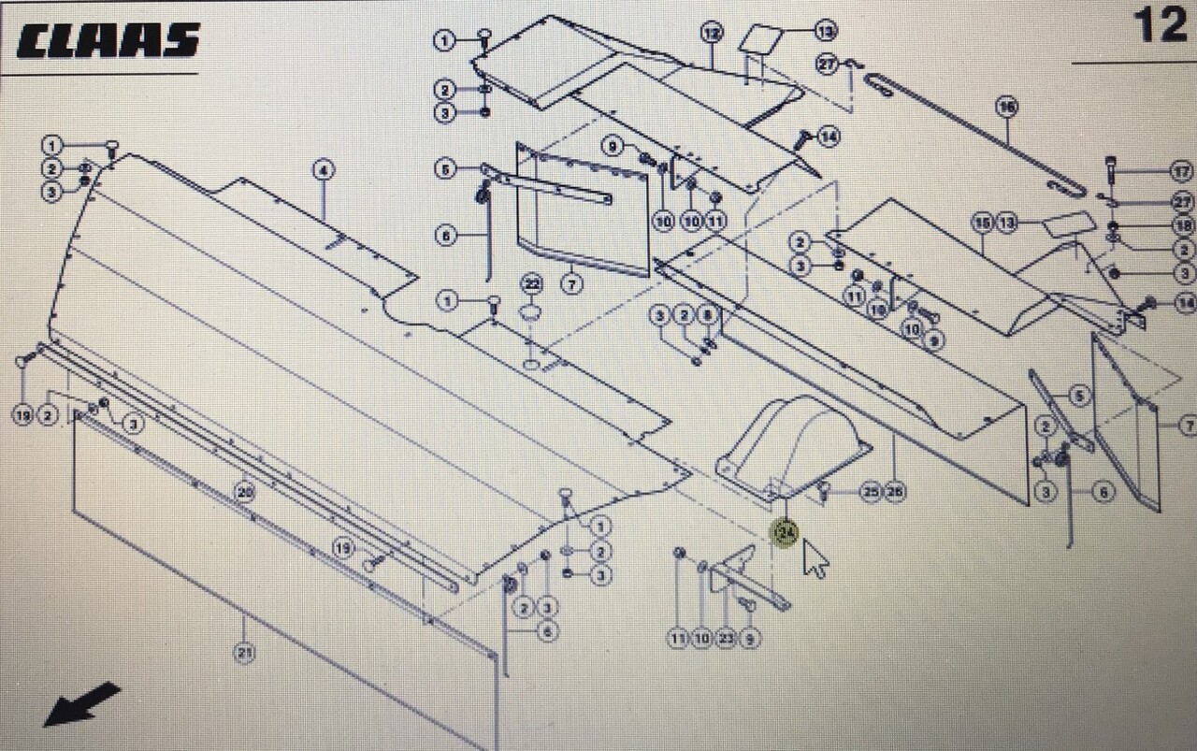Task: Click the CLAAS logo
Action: (x=108, y=40)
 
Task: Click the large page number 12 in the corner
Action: (x=1160, y=25)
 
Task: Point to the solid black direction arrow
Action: (x=82, y=703)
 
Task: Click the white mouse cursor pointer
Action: (x=815, y=558)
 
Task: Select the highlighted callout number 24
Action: (x=786, y=533)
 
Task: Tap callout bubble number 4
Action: (x=323, y=170)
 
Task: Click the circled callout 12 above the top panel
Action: (x=712, y=34)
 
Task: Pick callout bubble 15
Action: (x=981, y=223)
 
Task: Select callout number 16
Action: (x=1006, y=107)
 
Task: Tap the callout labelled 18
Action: (x=1184, y=225)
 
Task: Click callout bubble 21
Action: (x=244, y=654)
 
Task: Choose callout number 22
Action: (x=532, y=283)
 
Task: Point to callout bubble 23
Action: (x=727, y=639)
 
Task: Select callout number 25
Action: (x=871, y=491)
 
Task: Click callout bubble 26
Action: (x=895, y=491)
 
